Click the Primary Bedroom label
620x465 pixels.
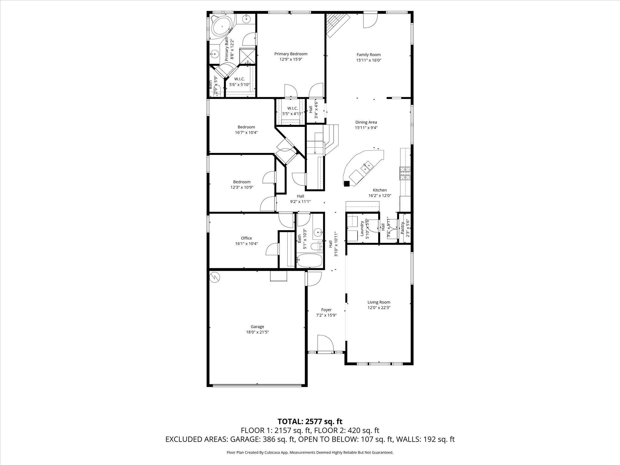click(x=291, y=54)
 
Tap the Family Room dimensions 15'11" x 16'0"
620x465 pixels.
click(x=368, y=60)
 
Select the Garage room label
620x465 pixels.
click(x=257, y=327)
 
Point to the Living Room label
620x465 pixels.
click(x=379, y=302)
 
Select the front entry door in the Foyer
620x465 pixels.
click(x=325, y=344)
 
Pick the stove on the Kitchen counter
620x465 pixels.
click(x=405, y=174)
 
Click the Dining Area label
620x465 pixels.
click(x=366, y=122)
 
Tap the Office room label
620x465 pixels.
click(x=246, y=238)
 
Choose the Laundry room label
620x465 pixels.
click(x=362, y=229)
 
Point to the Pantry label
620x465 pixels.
click(x=402, y=228)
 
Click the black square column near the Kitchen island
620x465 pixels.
click(x=347, y=183)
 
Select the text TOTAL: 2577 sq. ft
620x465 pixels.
click(x=310, y=421)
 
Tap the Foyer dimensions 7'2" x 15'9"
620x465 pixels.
click(x=326, y=315)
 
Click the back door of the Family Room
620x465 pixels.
click(x=370, y=20)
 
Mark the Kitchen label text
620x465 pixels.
click(x=380, y=190)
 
